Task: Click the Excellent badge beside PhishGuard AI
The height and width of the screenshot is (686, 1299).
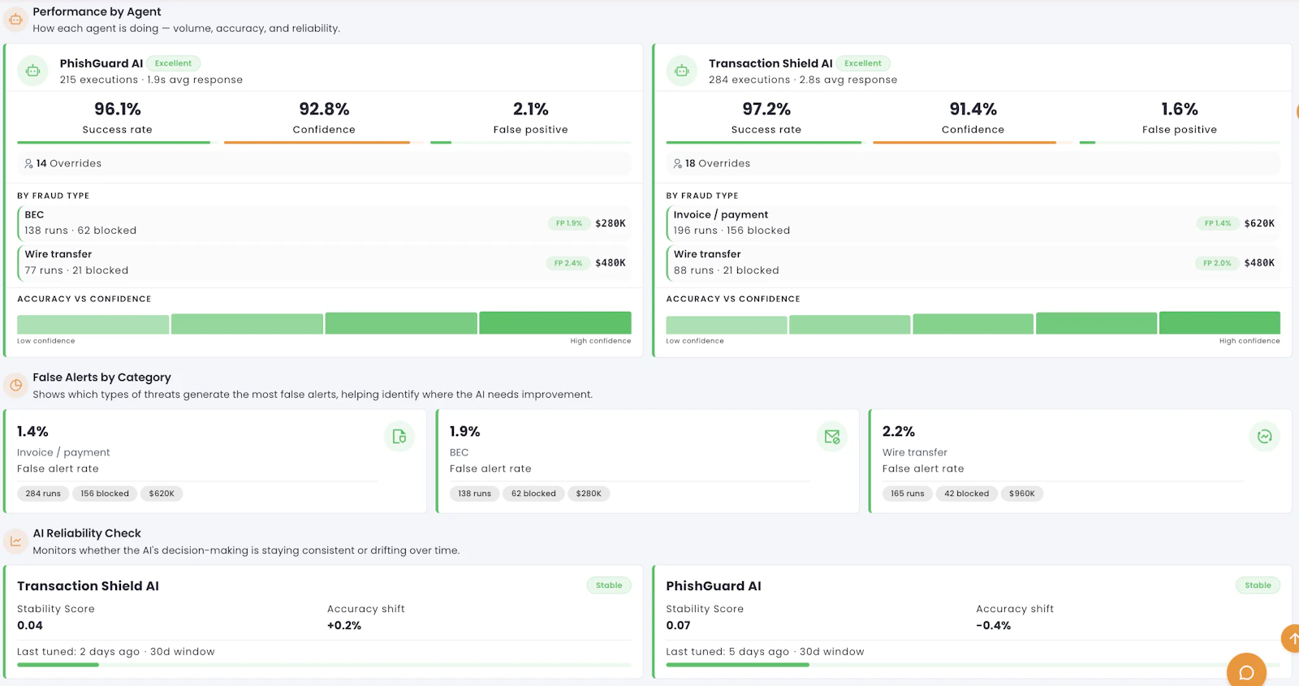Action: pyautogui.click(x=173, y=63)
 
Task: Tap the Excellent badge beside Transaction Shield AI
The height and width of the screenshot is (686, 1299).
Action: pyautogui.click(x=862, y=63)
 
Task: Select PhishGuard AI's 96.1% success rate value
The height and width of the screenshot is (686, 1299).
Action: pyautogui.click(x=117, y=109)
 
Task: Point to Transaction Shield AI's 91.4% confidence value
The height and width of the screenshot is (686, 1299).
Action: pyautogui.click(x=973, y=109)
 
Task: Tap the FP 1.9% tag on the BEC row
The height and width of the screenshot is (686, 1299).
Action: pyautogui.click(x=568, y=223)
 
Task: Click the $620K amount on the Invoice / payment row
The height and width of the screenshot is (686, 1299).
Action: pyautogui.click(x=1259, y=223)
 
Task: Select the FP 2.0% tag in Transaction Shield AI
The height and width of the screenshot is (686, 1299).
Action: pyautogui.click(x=1217, y=263)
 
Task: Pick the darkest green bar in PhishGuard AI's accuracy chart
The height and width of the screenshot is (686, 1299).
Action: pyautogui.click(x=555, y=322)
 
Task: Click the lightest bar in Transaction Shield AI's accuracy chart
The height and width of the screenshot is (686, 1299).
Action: pyautogui.click(x=726, y=325)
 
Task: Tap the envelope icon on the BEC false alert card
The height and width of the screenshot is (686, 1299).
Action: pyautogui.click(x=831, y=437)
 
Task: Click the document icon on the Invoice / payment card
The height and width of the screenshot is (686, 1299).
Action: pyautogui.click(x=399, y=437)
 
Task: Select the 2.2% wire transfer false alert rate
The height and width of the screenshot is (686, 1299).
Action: pyautogui.click(x=898, y=431)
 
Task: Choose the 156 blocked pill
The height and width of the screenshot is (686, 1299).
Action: pyautogui.click(x=105, y=494)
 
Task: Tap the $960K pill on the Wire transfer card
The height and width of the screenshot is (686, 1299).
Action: pyautogui.click(x=1021, y=494)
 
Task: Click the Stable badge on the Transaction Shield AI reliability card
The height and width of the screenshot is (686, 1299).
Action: pyautogui.click(x=608, y=585)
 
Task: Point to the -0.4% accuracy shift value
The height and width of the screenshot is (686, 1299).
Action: pyautogui.click(x=993, y=625)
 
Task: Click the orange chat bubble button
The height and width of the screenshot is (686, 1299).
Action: pyautogui.click(x=1246, y=671)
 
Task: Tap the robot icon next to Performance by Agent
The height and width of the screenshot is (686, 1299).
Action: pyautogui.click(x=15, y=19)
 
